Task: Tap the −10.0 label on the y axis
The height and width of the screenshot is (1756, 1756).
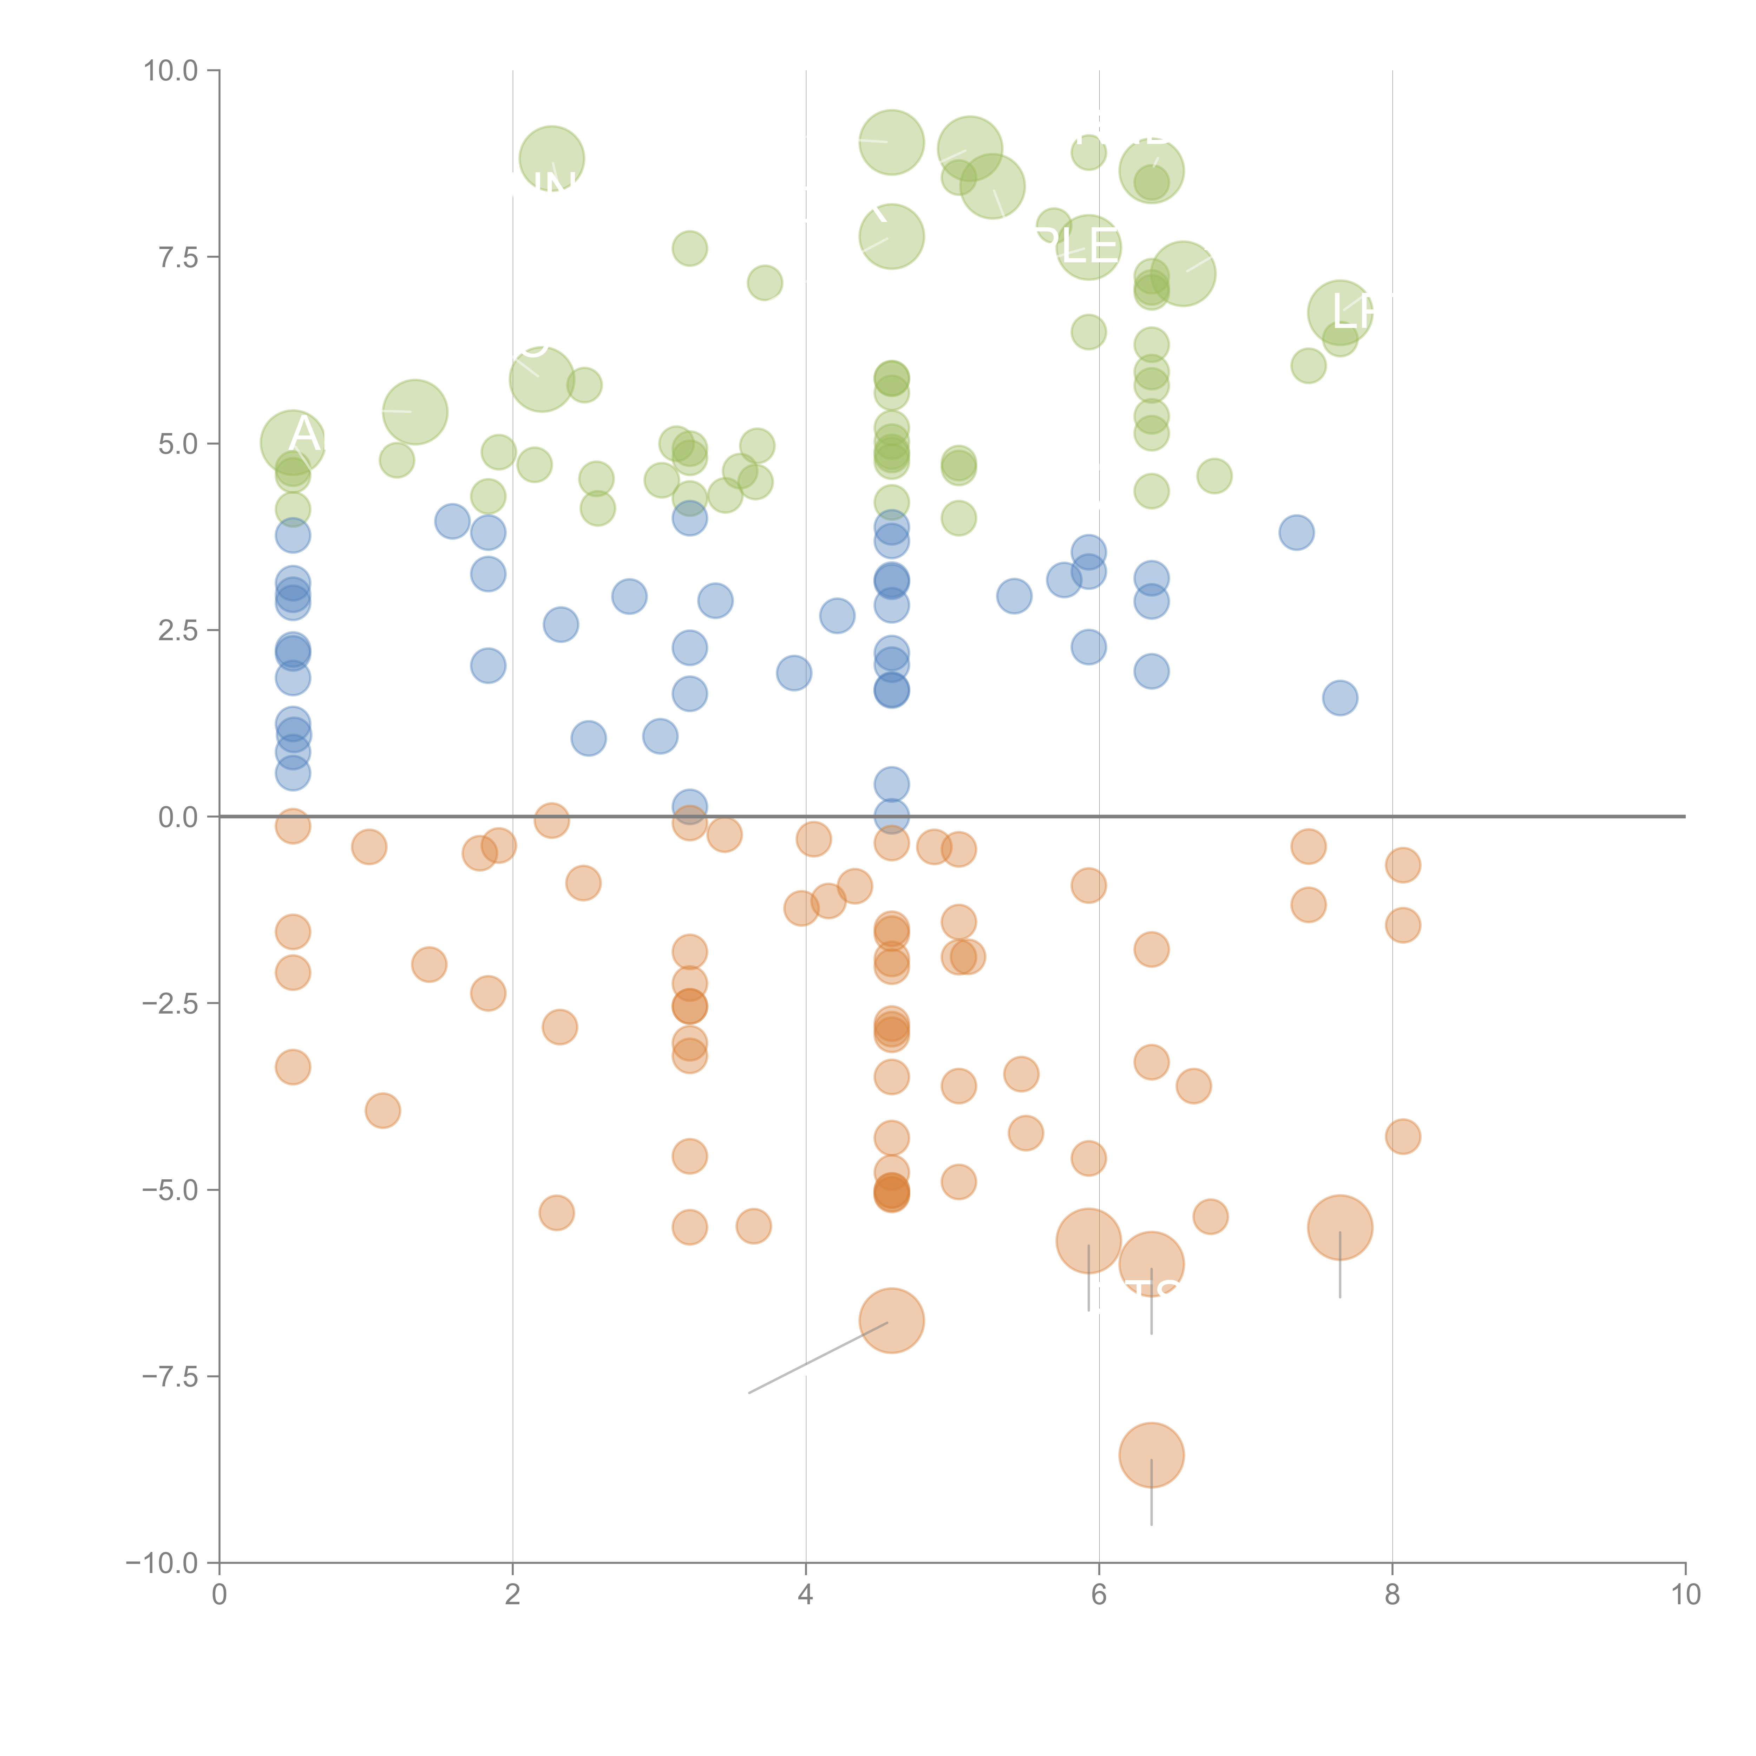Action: point(162,1563)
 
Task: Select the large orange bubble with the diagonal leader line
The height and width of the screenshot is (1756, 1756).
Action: point(892,1321)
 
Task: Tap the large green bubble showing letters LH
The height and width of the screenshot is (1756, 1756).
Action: point(1340,313)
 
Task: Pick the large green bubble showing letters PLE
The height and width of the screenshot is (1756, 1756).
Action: point(1088,247)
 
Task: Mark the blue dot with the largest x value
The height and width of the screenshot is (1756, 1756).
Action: point(1340,698)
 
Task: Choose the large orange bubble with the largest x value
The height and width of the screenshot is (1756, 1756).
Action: point(1340,1228)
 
